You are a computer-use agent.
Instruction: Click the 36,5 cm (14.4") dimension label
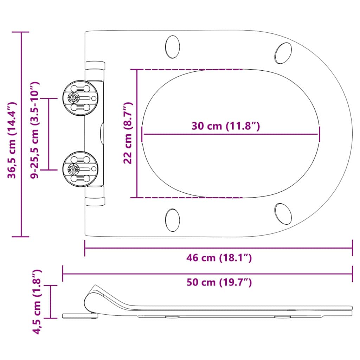tap(12, 140)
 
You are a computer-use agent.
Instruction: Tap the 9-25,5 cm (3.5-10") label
tap(35, 130)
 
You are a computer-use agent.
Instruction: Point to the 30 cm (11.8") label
tap(226, 126)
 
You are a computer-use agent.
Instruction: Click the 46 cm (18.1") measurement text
tap(219, 258)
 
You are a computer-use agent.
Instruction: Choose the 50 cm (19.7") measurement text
tap(219, 282)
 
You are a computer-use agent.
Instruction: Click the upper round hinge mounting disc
tap(81, 98)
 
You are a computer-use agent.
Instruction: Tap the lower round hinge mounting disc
tap(81, 169)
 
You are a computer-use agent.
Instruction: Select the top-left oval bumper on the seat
tap(172, 47)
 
